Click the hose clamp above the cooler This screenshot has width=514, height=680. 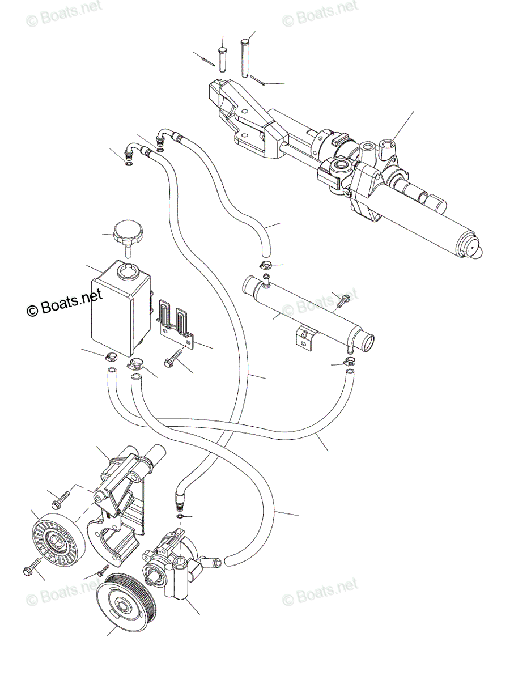[x=265, y=265]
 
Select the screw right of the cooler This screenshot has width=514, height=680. [x=342, y=302]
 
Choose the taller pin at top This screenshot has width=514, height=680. [x=245, y=57]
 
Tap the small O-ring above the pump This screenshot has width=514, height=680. [x=180, y=517]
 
